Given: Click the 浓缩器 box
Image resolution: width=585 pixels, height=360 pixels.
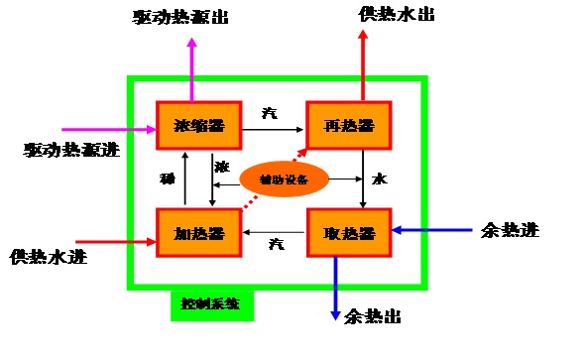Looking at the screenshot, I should pyautogui.click(x=198, y=125).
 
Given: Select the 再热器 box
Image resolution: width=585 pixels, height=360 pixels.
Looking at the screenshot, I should pyautogui.click(x=348, y=125).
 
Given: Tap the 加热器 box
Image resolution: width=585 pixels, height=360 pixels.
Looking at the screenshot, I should pyautogui.click(x=198, y=232).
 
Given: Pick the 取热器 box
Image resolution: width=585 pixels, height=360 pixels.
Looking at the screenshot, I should pyautogui.click(x=349, y=232).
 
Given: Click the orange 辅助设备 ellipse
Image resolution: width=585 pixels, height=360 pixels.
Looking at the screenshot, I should pyautogui.click(x=285, y=180).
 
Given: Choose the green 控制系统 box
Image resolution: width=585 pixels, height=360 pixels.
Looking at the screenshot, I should pyautogui.click(x=211, y=303).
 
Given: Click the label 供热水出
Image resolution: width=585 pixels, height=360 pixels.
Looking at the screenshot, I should pyautogui.click(x=396, y=15).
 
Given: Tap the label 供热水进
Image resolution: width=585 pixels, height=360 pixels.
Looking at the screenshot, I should pyautogui.click(x=48, y=257).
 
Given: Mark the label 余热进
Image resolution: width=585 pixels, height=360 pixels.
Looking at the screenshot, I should pyautogui.click(x=509, y=230).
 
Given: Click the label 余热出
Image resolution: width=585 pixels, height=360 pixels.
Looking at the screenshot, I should pyautogui.click(x=372, y=316).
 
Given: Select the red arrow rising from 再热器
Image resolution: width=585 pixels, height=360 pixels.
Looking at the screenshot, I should pyautogui.click(x=363, y=64).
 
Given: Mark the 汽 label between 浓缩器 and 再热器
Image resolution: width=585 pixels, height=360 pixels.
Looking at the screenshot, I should pyautogui.click(x=270, y=113).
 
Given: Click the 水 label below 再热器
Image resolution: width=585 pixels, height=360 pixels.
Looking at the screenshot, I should pyautogui.click(x=379, y=180).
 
